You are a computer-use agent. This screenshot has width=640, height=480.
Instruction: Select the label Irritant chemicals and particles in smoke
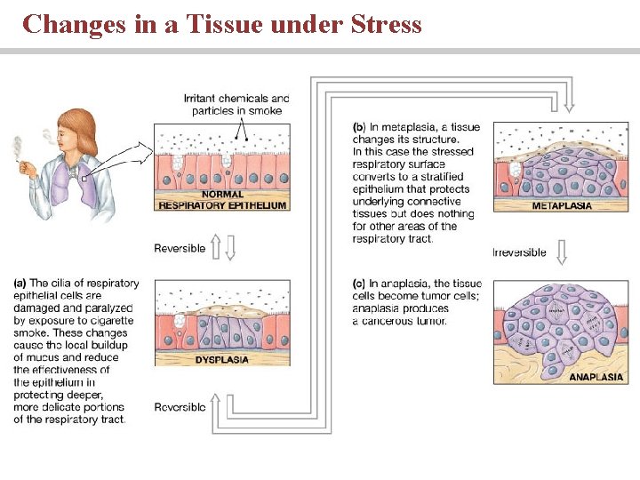(236, 104)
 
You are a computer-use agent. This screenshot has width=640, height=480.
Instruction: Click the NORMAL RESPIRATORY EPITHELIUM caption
(222, 200)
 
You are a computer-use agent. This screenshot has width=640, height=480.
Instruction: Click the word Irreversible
(520, 252)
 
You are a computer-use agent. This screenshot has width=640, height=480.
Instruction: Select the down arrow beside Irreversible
(561, 252)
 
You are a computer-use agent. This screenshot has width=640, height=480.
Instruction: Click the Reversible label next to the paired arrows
(180, 248)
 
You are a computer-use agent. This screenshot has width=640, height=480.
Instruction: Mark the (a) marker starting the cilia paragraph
(20, 284)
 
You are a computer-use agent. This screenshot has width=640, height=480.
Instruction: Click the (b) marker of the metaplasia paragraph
(358, 127)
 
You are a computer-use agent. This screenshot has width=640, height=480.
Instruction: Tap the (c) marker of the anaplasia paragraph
(358, 284)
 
